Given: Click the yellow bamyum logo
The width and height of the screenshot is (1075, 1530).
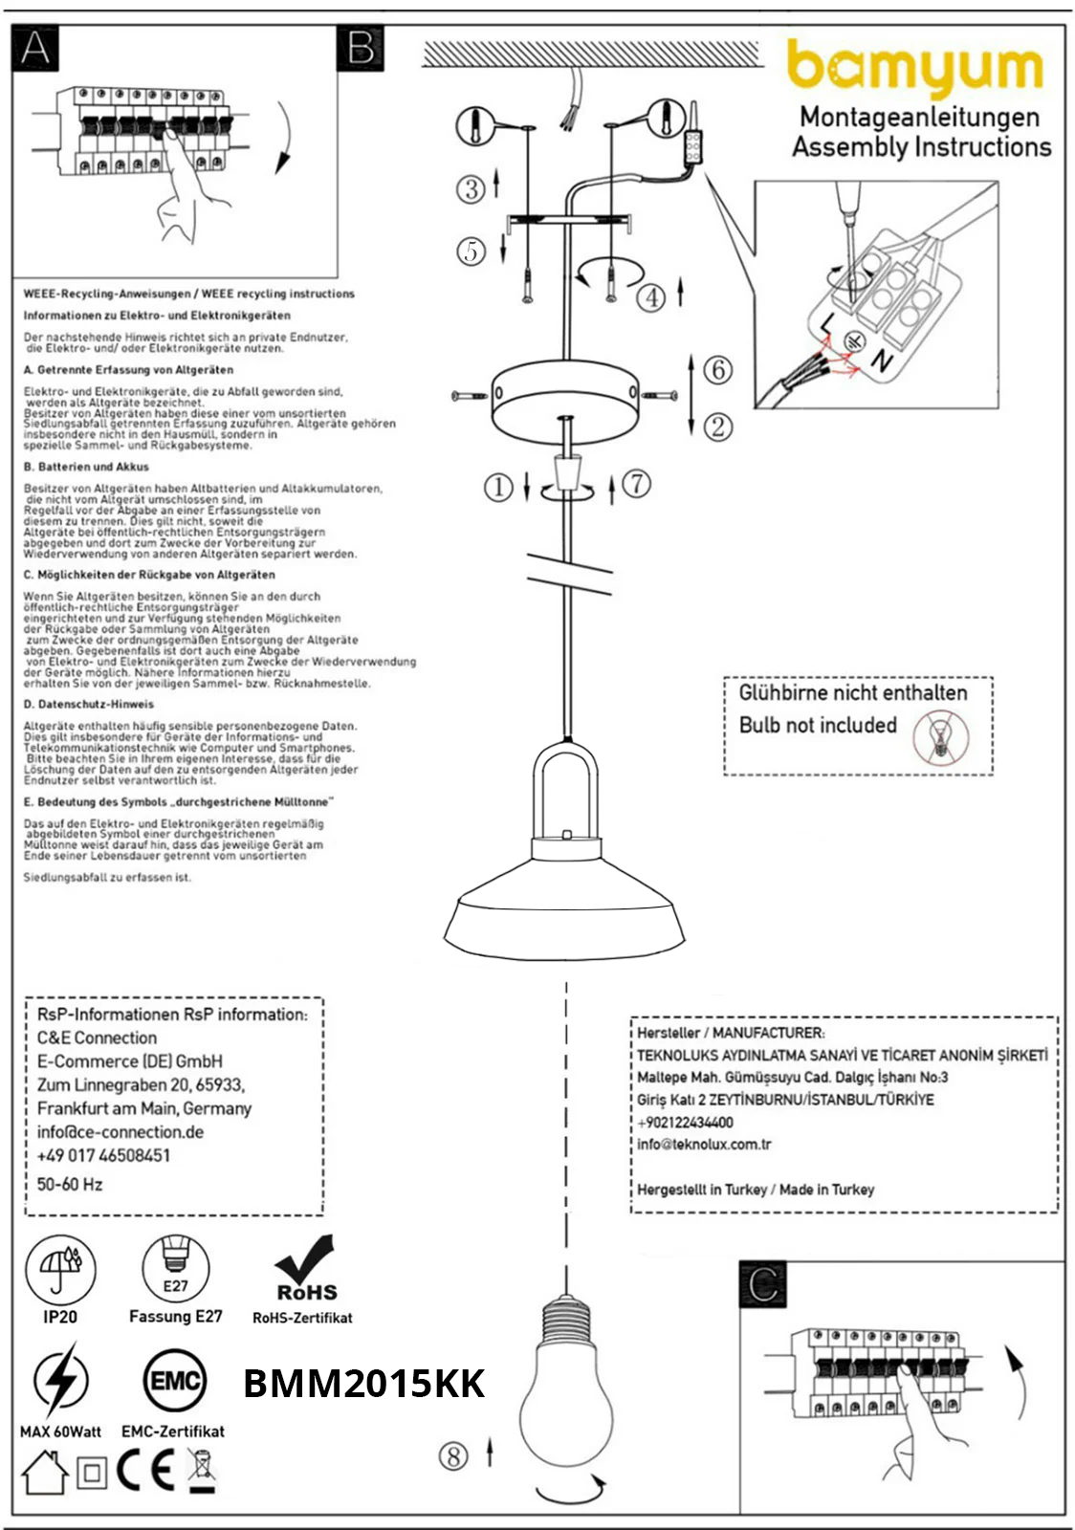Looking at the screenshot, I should [x=914, y=68].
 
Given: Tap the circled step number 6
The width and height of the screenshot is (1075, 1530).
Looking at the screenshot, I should [x=717, y=370].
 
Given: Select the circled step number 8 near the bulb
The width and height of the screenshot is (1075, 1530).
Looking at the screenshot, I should [x=453, y=1456].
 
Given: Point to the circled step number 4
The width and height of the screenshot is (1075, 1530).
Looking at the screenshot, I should [x=651, y=297].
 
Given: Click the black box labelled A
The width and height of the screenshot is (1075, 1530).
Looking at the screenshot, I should [x=35, y=48].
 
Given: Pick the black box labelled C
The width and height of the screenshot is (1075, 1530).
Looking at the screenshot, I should [x=763, y=1284].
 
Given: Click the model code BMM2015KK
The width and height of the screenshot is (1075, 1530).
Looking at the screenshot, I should [x=363, y=1384].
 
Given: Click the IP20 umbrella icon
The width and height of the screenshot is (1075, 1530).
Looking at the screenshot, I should [x=60, y=1270].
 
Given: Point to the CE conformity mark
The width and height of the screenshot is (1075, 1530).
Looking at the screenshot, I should [x=145, y=1472].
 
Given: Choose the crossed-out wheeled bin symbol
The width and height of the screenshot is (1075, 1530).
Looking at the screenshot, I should [x=202, y=1471].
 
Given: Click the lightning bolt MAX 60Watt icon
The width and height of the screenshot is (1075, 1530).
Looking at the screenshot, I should [x=60, y=1380].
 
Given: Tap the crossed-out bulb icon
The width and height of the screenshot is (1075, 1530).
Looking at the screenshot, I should [x=940, y=738].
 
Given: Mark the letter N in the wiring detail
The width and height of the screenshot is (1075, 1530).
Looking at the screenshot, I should [x=881, y=361].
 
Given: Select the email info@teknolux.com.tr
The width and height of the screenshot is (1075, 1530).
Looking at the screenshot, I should [x=704, y=1144].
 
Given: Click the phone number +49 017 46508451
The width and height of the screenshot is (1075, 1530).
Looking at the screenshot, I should [x=103, y=1155].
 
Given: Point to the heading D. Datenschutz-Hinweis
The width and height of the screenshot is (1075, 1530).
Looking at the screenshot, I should [x=88, y=704].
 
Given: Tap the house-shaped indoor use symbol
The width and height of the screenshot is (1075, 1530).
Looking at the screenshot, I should [x=44, y=1473].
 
